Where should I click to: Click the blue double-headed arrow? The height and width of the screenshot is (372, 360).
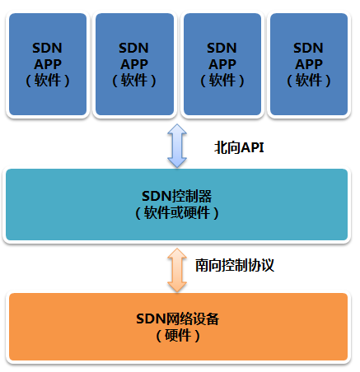coord(177,146)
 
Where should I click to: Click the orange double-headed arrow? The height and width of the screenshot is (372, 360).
coord(177,270)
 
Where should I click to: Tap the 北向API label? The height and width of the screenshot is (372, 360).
coord(239,147)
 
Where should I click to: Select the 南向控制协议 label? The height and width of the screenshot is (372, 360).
coord(235,265)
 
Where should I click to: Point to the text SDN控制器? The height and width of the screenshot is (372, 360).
coord(177,196)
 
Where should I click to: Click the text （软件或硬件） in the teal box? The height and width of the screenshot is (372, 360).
coord(177,212)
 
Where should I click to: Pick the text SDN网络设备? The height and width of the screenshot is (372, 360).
coord(177,319)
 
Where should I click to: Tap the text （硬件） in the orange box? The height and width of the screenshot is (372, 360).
coord(178,335)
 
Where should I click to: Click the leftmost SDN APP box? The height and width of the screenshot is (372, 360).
coord(48,64)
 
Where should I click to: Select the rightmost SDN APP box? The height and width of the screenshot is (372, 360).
coord(309,64)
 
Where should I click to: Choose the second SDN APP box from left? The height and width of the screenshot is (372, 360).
coord(134,64)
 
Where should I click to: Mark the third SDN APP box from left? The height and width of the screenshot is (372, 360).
coord(222,64)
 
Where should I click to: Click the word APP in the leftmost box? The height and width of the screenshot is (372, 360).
coord(48,64)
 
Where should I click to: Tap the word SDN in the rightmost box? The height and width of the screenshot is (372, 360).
coord(308,48)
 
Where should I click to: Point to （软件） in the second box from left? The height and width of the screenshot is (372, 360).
coord(134,81)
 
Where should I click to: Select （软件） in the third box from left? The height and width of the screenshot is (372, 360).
coord(222,81)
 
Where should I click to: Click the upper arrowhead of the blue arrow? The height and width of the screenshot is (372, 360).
coord(177,129)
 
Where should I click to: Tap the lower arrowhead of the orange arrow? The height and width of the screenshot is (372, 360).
coord(177,286)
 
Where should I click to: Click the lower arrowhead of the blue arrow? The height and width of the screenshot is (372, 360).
coord(177,162)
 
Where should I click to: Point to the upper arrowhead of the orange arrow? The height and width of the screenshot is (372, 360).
coord(177,253)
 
